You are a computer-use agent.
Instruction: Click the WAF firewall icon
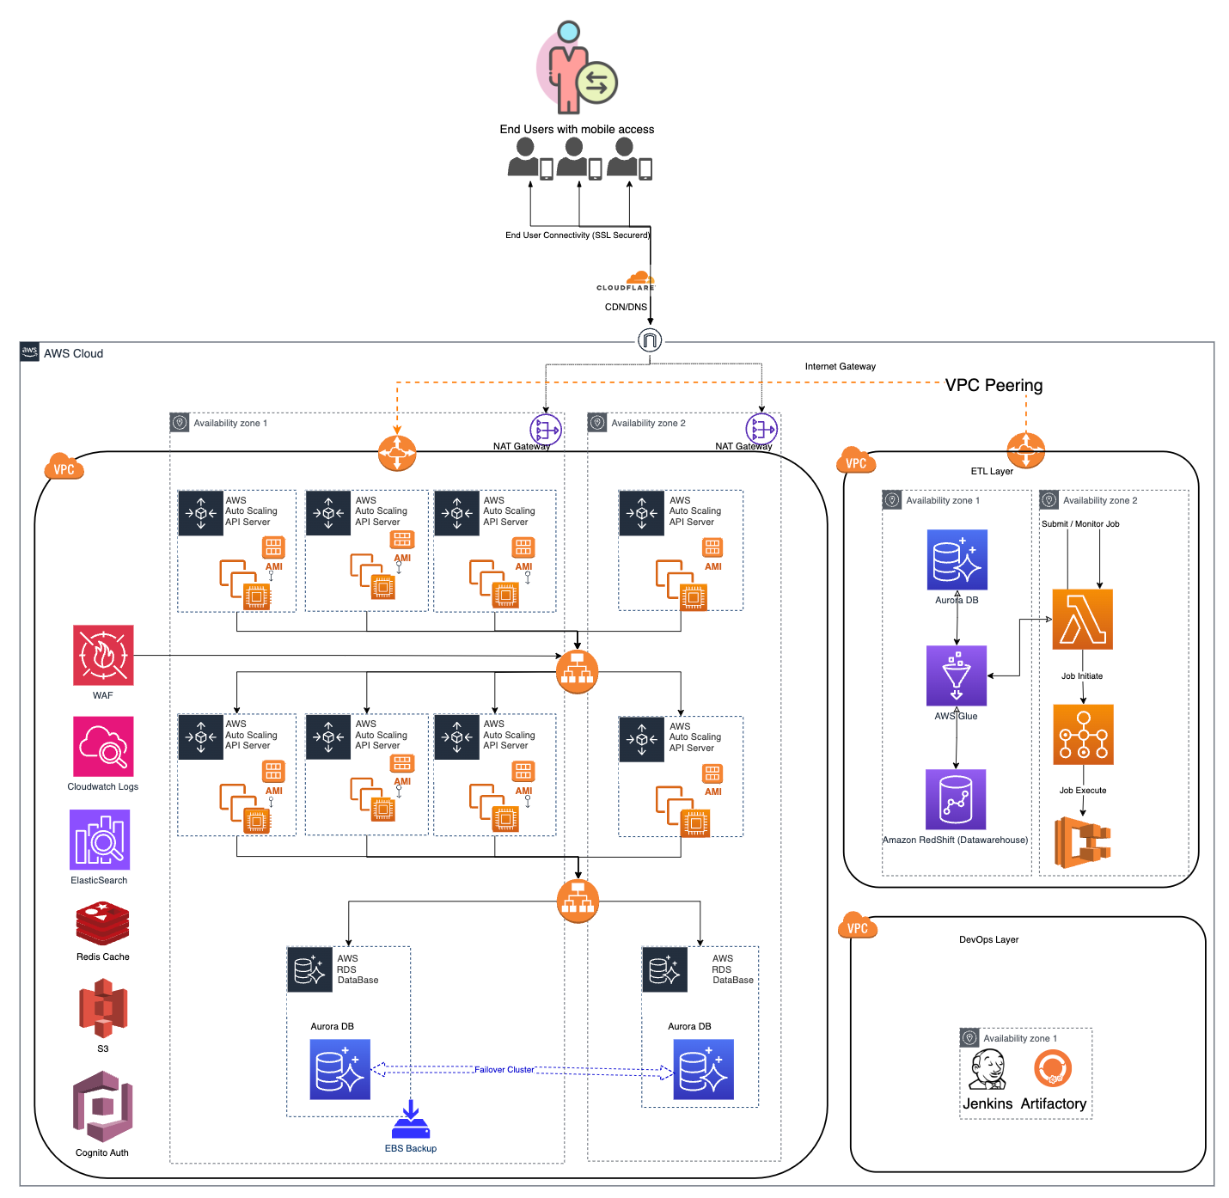click(103, 655)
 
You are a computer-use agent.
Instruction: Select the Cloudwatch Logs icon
click(103, 746)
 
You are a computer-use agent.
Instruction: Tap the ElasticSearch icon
click(100, 840)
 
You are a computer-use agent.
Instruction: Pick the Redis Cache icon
click(102, 924)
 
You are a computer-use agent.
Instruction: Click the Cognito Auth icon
click(102, 1106)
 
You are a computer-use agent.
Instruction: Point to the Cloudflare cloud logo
click(639, 278)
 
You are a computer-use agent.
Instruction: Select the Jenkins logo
click(987, 1071)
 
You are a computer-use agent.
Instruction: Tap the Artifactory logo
click(1053, 1071)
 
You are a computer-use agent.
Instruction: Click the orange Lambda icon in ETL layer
click(1082, 619)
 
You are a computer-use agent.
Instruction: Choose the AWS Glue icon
click(957, 675)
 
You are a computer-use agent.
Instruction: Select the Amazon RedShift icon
click(956, 799)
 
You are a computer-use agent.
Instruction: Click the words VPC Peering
click(994, 385)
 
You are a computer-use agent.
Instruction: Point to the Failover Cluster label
click(504, 1070)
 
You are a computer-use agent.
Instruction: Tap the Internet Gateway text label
click(840, 366)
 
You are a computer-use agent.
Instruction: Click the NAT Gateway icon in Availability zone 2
click(761, 428)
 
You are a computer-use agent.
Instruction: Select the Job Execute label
click(1082, 790)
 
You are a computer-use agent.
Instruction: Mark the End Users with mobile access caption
click(577, 129)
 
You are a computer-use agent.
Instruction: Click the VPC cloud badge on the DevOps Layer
click(857, 926)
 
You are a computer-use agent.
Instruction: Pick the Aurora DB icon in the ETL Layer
click(957, 559)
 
